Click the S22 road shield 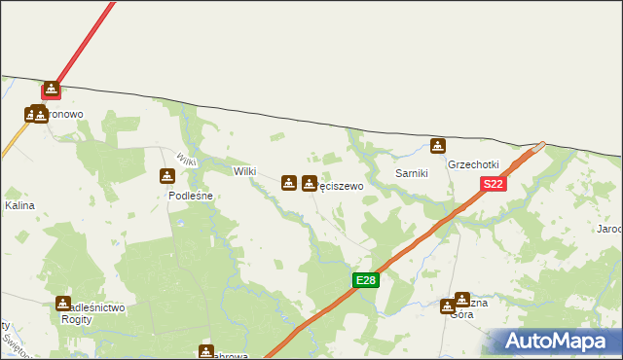493,184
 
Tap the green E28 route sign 365,280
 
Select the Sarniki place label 413,172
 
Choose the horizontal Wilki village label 244,171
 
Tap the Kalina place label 19,206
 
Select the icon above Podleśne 166,176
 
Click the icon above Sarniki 439,146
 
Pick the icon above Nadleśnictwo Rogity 63,304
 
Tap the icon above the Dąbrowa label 206,351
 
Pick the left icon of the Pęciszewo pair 289,182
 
